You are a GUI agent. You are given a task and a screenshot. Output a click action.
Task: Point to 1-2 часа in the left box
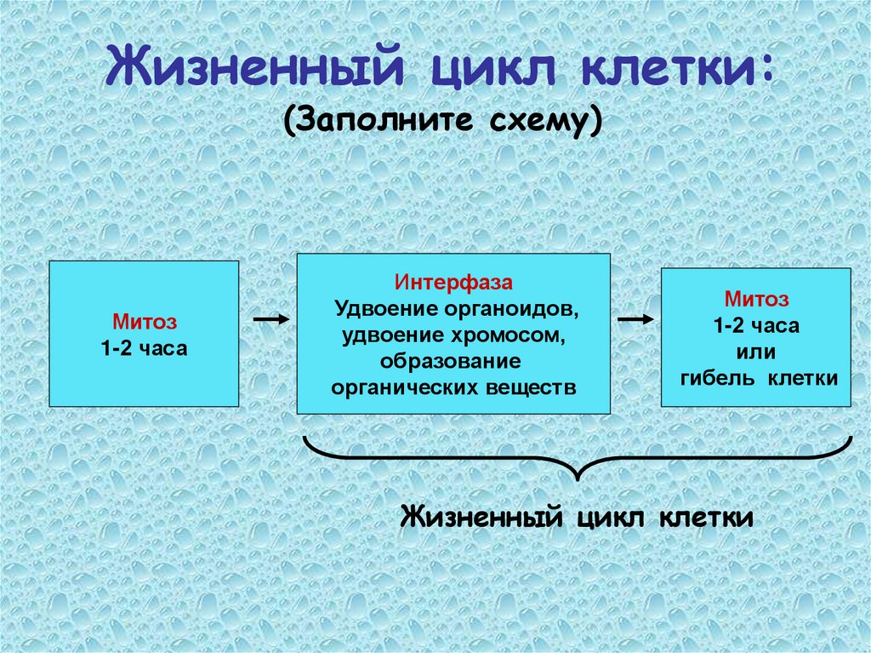(x=144, y=348)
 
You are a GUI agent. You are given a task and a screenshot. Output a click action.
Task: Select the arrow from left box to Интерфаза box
(x=272, y=319)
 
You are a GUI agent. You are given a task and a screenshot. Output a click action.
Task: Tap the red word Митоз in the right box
(x=756, y=299)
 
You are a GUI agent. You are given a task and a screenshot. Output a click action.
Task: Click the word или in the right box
(x=756, y=352)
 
